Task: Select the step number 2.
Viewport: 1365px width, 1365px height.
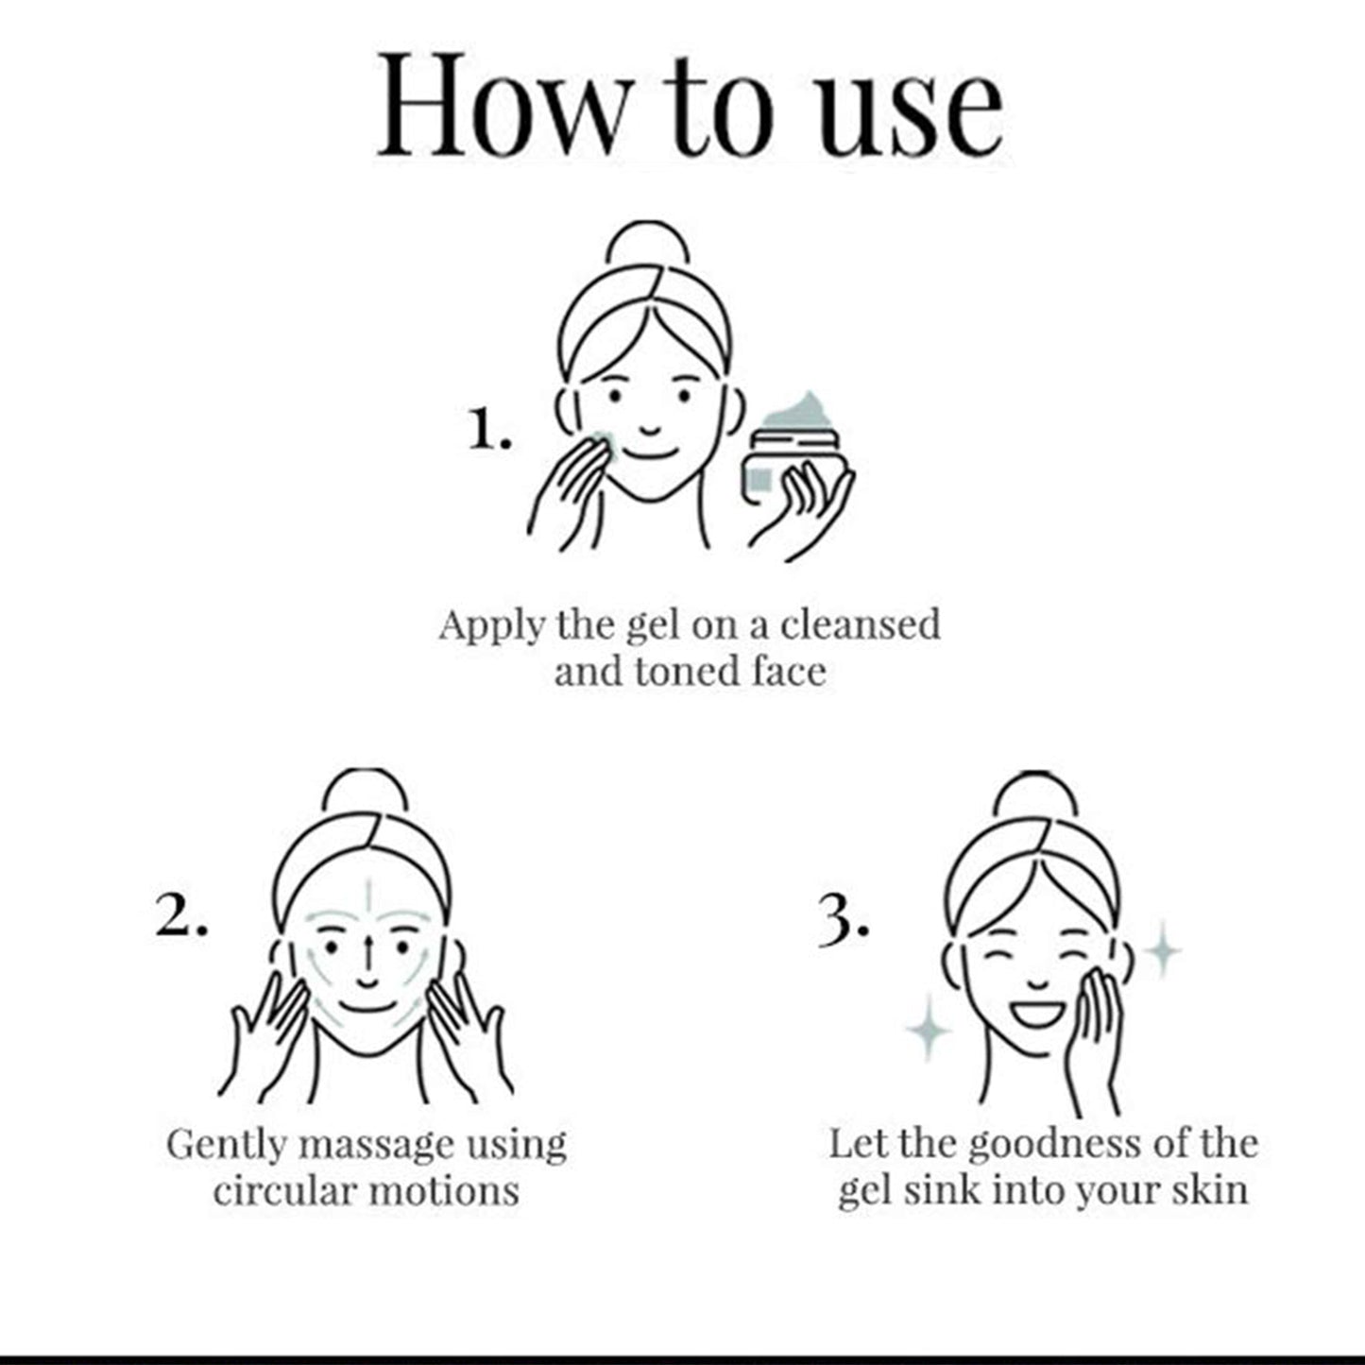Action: pos(181,915)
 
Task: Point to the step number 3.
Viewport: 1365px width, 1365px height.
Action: pos(843,921)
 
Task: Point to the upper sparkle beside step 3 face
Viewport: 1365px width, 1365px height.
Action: pos(1163,950)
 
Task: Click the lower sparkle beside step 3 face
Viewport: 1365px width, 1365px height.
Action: pos(928,1030)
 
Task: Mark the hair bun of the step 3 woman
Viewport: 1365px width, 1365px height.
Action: pos(1035,793)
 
